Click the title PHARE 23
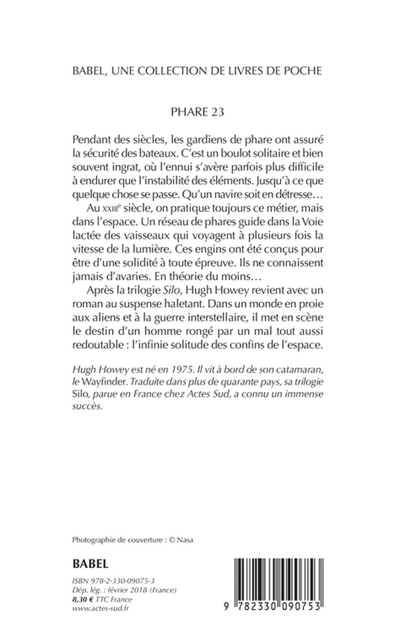click(197, 112)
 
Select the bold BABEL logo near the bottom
click(90, 564)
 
